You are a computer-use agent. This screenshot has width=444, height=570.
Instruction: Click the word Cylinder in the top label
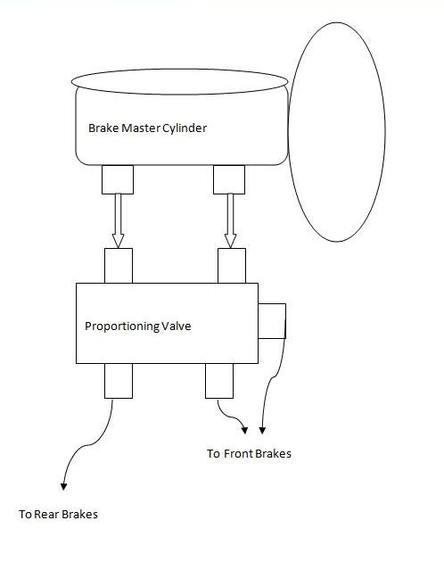pos(185,128)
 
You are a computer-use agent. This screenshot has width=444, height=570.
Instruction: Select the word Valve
pos(177,326)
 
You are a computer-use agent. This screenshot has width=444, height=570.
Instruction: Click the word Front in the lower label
pos(238,454)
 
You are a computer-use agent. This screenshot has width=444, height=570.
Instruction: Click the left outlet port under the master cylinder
pos(118,179)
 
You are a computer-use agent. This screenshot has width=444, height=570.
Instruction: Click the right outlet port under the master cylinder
pos(229,179)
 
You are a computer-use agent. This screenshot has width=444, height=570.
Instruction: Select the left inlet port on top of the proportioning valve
pos(119,266)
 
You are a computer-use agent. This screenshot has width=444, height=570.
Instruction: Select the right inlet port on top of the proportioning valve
pos(232,266)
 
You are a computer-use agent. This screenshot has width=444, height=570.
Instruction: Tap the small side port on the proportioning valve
pos(272,321)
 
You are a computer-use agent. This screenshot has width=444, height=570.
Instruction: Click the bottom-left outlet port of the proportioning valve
pos(119,381)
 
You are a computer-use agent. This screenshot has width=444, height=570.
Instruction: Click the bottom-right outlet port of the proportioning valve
pos(219,381)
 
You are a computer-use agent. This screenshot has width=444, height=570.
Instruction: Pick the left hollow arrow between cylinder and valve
pos(118,220)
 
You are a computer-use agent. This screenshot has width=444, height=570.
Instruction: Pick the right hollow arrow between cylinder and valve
pos(230,220)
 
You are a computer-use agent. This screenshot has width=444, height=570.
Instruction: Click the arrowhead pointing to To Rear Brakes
pos(63,486)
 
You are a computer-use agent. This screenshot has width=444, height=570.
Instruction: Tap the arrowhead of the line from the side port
pos(262,431)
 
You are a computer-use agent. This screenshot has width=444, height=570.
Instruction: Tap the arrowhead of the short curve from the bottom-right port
pos(244,431)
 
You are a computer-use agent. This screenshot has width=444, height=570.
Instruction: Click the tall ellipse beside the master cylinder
pos(384,132)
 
